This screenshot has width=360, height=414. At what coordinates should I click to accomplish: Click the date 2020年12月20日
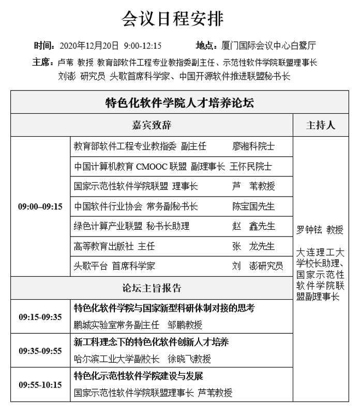tap(89, 46)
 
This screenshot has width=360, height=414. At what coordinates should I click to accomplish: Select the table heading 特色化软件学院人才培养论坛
tap(179, 102)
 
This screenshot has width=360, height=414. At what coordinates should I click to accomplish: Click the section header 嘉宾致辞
tap(152, 125)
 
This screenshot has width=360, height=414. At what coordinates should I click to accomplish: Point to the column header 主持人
tap(321, 125)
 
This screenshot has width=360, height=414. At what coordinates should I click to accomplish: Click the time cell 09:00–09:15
tap(40, 206)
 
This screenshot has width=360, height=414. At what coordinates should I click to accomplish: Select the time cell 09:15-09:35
tap(40, 317)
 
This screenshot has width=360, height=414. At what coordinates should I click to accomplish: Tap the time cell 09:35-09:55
tap(40, 351)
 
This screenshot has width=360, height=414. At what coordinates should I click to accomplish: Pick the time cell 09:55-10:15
tap(40, 385)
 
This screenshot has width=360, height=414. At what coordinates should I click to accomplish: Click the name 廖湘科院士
tap(253, 146)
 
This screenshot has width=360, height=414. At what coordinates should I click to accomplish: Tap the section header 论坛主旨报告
tap(152, 288)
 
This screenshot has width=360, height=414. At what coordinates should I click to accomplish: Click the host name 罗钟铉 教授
tap(320, 230)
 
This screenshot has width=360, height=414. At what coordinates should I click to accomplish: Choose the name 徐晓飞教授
tap(189, 359)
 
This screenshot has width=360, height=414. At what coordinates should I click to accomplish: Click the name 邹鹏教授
tap(185, 325)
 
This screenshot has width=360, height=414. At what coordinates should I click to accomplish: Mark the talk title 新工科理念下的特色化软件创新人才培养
tap(152, 342)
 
